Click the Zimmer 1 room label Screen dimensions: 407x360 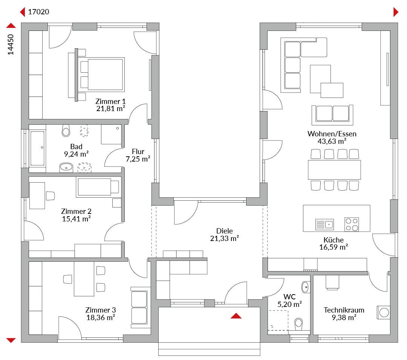coord(110,101)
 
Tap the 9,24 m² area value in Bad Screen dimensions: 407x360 coord(76,154)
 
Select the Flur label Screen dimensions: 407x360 coord(138,151)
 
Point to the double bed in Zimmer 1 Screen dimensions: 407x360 coord(102,75)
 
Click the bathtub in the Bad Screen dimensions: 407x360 coord(37,148)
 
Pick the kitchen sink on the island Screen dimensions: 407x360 coord(324,224)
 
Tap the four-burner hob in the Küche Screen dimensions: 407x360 coord(352,224)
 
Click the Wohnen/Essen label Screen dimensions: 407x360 coord(332,134)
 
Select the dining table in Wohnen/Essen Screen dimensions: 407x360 coord(334,169)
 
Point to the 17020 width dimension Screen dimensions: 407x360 coord(38,12)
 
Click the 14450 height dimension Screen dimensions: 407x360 coord(11,44)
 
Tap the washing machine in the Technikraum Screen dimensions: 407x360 coord(383,312)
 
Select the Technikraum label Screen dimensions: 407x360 coord(344,310)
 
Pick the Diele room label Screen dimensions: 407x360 coord(224,231)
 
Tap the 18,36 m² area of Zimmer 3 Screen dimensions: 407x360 coord(101,317)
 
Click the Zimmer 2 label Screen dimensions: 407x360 coord(76,211)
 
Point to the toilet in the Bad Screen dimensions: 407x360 coord(66,130)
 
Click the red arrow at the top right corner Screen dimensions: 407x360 coord(396,12)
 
